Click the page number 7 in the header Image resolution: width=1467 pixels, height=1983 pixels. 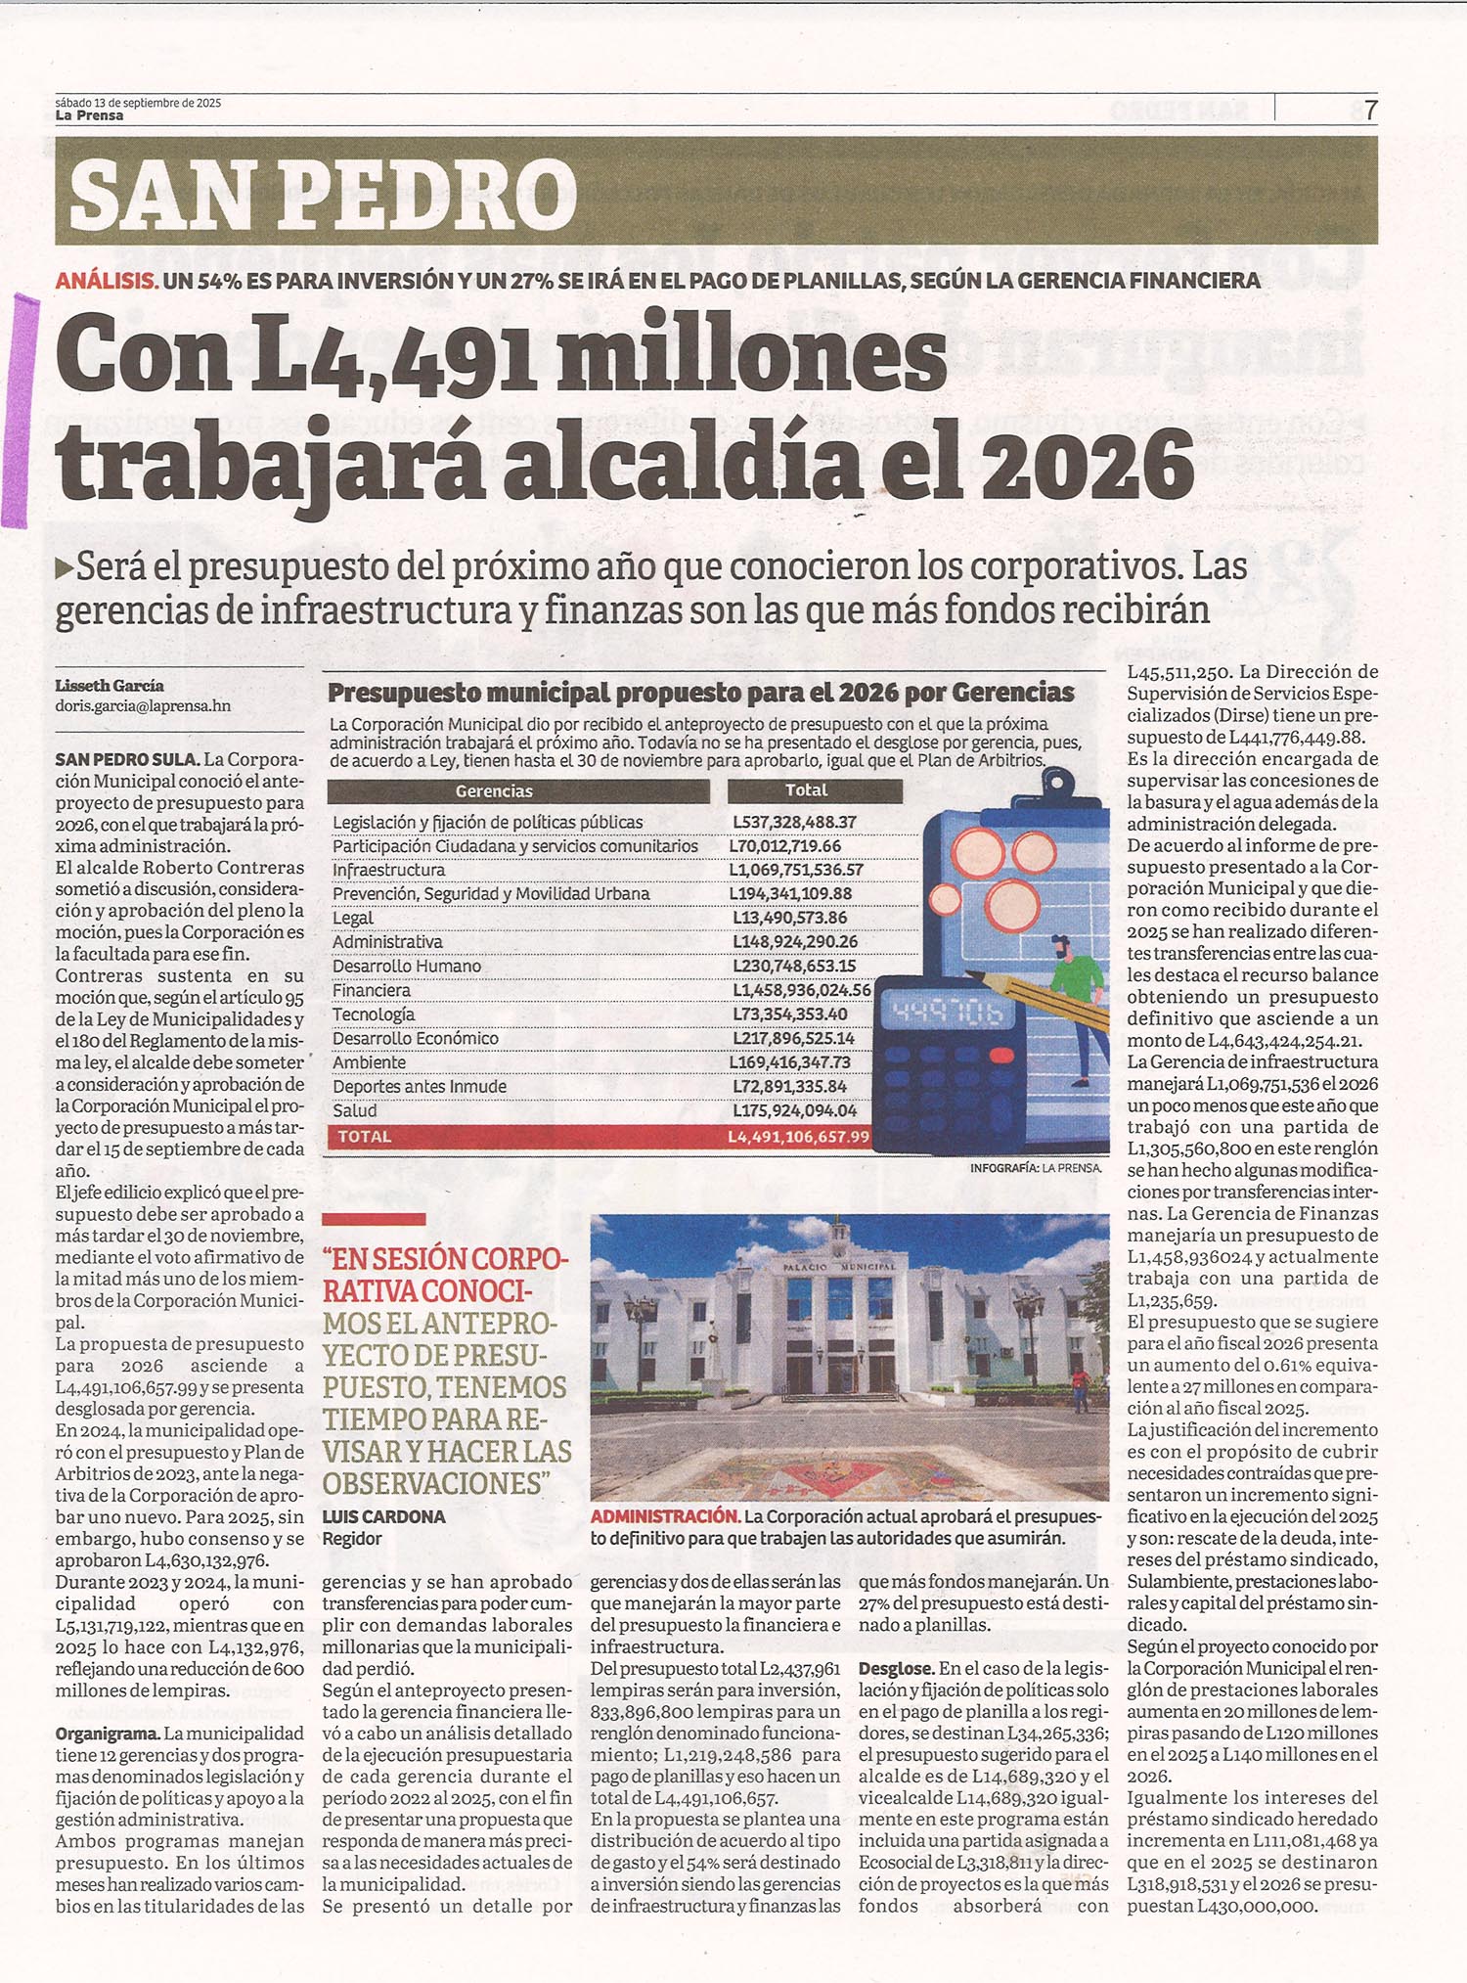pyautogui.click(x=1371, y=111)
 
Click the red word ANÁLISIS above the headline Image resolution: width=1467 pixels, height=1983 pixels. pyautogui.click(x=107, y=281)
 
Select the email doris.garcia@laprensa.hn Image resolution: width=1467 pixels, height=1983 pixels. pyautogui.click(x=143, y=705)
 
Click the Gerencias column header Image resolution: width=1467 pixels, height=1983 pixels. pyautogui.click(x=494, y=790)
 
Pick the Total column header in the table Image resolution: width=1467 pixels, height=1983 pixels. pyautogui.click(x=806, y=790)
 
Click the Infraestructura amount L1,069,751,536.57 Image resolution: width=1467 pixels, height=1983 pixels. pyautogui.click(x=796, y=870)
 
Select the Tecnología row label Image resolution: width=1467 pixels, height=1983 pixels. pyautogui.click(x=374, y=1014)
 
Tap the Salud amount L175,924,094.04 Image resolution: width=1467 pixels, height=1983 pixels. pyautogui.click(x=794, y=1110)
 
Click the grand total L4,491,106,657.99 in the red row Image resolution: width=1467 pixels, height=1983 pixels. pyautogui.click(x=798, y=1137)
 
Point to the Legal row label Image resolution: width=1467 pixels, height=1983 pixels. pyautogui.click(x=353, y=918)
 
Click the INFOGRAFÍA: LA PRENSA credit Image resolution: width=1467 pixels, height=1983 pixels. pyautogui.click(x=1036, y=1168)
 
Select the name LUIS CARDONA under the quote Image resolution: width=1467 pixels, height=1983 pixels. pyautogui.click(x=383, y=1517)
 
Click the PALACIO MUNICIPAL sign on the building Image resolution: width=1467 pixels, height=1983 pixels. pyautogui.click(x=839, y=1266)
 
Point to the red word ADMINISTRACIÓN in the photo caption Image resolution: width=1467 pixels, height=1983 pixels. pyautogui.click(x=664, y=1516)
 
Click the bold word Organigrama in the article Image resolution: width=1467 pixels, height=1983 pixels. pyautogui.click(x=107, y=1734)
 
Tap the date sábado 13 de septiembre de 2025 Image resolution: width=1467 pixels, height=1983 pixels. pyautogui.click(x=138, y=102)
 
